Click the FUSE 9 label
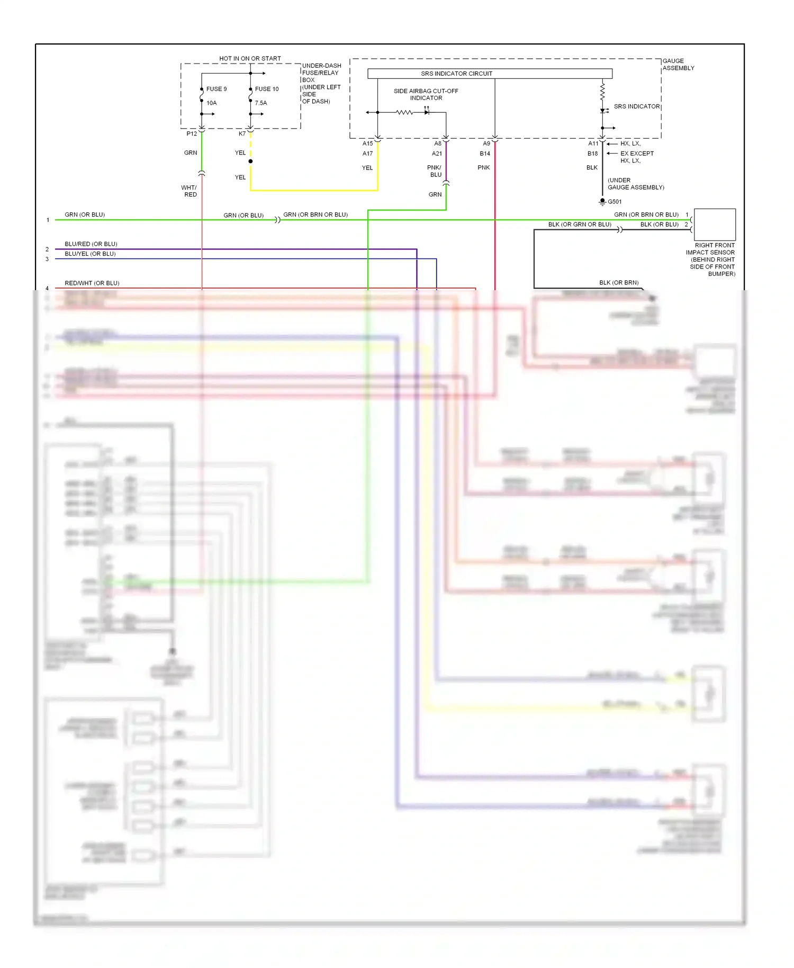point(216,89)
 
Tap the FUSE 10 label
point(266,89)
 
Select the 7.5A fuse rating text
point(261,103)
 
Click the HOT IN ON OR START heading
point(250,59)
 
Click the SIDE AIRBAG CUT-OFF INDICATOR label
point(426,94)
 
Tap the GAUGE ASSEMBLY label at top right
point(678,65)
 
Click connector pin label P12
point(192,134)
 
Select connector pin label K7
point(242,134)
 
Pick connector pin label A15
point(367,144)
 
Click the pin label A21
point(437,154)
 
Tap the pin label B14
point(485,154)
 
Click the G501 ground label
point(615,202)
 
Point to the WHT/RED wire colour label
point(189,191)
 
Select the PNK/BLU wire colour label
point(435,171)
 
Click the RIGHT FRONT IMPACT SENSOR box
point(715,225)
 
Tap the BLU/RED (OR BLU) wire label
point(91,244)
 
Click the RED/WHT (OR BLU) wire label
point(92,283)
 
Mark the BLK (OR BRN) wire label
point(619,283)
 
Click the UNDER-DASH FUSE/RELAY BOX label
point(321,84)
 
